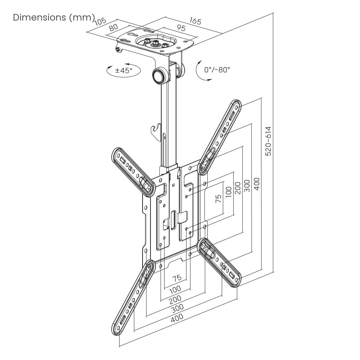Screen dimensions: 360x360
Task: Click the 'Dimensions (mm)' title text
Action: (54, 17)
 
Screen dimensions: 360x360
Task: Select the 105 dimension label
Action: (101, 21)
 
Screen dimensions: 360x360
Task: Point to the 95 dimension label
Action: (181, 28)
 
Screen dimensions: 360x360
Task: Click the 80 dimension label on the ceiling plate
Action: (113, 27)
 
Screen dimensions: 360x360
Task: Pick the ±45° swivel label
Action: (124, 71)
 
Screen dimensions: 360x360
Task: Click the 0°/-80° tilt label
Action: (217, 70)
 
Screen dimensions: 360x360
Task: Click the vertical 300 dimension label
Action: (247, 186)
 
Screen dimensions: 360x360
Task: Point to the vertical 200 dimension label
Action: (238, 188)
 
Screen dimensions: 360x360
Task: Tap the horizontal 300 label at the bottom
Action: (177, 308)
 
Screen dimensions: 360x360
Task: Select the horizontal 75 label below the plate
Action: (176, 278)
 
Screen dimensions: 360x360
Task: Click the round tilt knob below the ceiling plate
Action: (159, 75)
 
